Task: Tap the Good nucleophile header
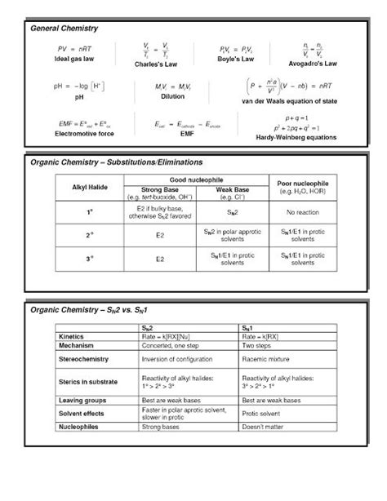point(196,178)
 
